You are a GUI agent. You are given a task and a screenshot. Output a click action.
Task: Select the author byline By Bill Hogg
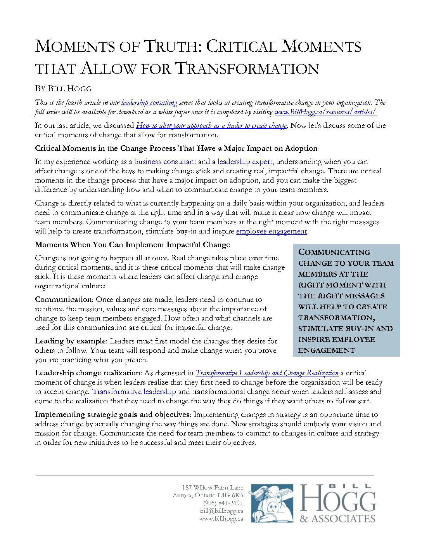(x=63, y=89)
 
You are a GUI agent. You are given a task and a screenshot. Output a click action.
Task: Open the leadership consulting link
(x=149, y=103)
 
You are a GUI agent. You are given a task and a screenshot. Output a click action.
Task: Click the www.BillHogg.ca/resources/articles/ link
(x=325, y=112)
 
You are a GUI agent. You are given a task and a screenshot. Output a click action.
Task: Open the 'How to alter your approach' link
(x=211, y=125)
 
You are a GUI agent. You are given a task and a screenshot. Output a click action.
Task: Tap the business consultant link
(x=165, y=162)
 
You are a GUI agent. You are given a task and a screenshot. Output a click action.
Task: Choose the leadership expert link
(x=245, y=162)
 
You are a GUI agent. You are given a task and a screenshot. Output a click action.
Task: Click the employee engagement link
(x=271, y=231)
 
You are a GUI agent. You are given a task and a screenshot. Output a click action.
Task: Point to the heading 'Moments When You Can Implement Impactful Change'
(x=132, y=245)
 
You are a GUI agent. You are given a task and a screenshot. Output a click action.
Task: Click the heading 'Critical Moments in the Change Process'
(x=176, y=148)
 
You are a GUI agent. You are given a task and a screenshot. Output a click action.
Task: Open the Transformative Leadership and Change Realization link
(x=267, y=373)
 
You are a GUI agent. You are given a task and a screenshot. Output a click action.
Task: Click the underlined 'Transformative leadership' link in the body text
(x=134, y=392)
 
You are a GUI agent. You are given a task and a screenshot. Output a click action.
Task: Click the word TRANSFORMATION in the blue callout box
(x=335, y=318)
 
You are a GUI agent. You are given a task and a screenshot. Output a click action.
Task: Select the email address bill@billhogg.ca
(x=221, y=511)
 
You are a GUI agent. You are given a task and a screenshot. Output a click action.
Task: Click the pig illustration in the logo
(x=272, y=503)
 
